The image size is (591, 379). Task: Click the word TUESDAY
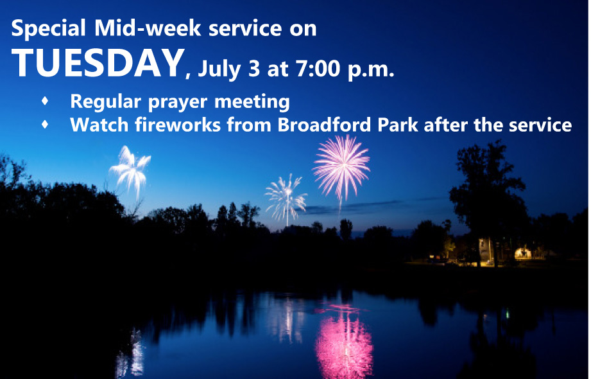pos(98,63)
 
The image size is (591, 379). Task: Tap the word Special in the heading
pos(49,28)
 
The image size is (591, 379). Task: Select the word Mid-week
pos(148,28)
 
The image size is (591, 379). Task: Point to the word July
pos(219,69)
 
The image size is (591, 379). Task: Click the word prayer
pos(178,102)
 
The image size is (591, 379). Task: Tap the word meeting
pos(252,102)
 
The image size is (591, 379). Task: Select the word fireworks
pos(178,125)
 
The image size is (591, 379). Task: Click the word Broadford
pos(325,125)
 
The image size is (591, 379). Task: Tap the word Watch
pos(99,125)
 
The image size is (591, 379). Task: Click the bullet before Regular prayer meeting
pos(45,101)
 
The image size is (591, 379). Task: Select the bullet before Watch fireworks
pos(45,124)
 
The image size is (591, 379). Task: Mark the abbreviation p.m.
pos(371,69)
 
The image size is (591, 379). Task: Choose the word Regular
pos(106,102)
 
